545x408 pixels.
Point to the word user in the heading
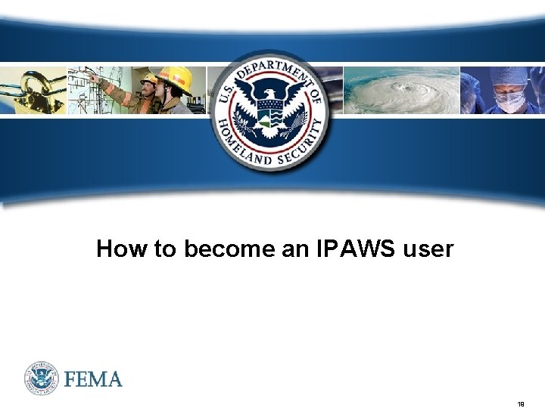coord(428,249)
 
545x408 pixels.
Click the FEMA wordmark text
coord(93,379)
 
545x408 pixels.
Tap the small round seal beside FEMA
coord(41,378)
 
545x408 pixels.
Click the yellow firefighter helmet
coord(176,78)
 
